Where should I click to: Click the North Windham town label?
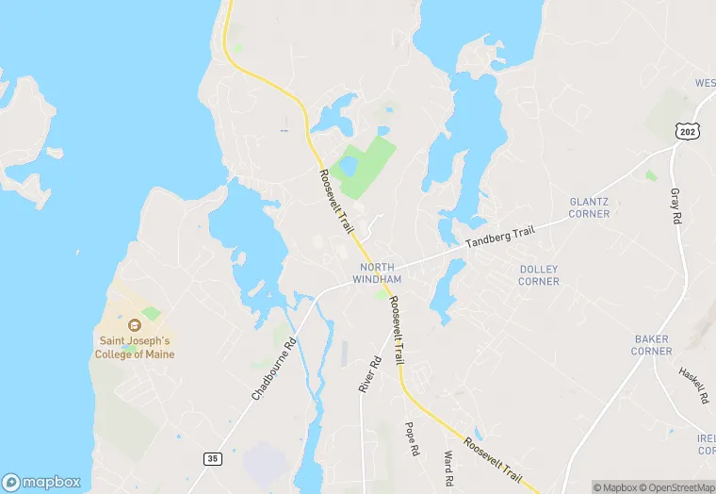click(x=377, y=273)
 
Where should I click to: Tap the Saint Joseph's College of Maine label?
click(x=138, y=347)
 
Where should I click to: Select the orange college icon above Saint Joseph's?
click(x=133, y=324)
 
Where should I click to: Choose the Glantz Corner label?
click(x=589, y=207)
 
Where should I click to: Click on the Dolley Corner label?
click(x=539, y=275)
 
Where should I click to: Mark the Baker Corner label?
click(x=652, y=345)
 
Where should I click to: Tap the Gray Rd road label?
click(x=675, y=205)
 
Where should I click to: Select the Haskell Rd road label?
click(x=693, y=386)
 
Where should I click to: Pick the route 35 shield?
click(x=213, y=458)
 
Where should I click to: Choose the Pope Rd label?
click(x=411, y=438)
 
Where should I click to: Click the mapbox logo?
click(x=41, y=481)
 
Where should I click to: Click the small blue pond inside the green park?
click(x=348, y=166)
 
